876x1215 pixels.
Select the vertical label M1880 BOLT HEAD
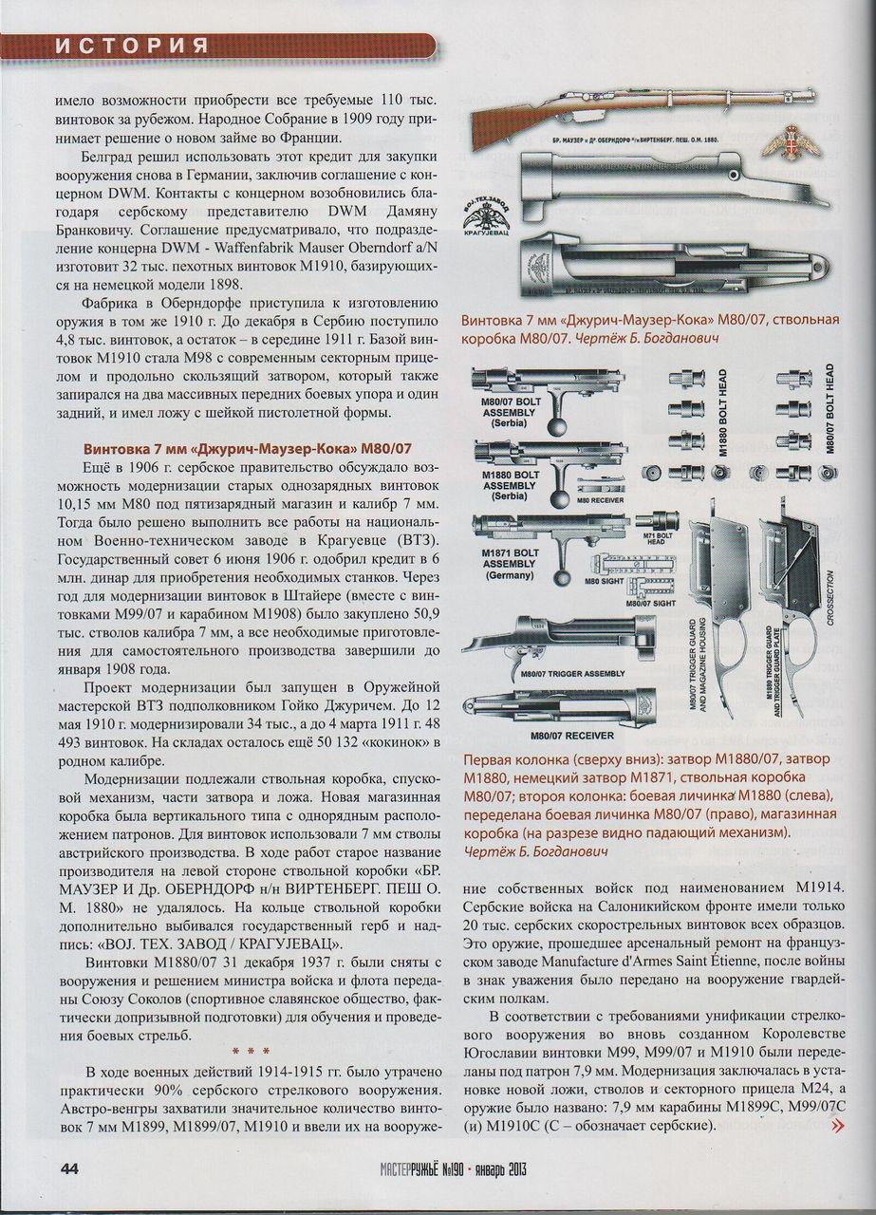pos(722,414)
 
